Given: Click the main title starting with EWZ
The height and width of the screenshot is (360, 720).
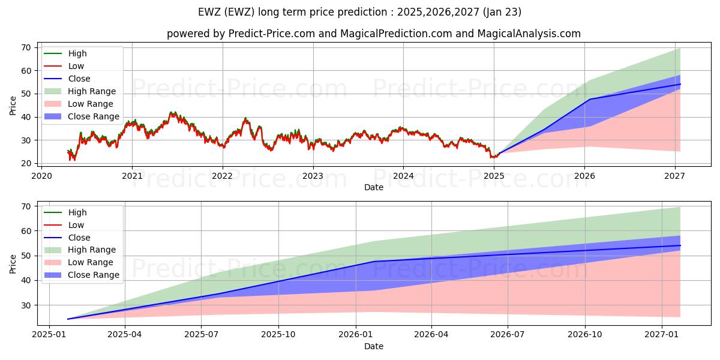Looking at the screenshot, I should pos(359,12).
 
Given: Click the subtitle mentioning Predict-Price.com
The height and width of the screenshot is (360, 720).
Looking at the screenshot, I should pos(373,34).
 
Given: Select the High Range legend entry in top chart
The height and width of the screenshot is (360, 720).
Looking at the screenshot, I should pos(92,91).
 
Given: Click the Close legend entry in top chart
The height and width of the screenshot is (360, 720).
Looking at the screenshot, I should pos(79,79).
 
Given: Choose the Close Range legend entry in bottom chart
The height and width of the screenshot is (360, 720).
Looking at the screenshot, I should pos(94,275).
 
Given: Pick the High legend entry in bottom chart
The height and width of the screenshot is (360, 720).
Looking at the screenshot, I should pos(77,212).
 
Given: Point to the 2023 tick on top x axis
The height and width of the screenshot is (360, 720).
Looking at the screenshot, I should pos(313,176).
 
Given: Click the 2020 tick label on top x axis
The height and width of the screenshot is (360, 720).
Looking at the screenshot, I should pos(41,176).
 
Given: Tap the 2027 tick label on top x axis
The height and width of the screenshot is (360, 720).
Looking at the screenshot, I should pos(675,176).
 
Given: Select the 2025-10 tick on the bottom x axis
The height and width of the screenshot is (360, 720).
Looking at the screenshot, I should pos(279,334).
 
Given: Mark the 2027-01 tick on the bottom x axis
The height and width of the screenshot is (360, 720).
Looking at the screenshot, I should pos(661,334).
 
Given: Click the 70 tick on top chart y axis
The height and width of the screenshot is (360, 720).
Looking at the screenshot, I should pos(26,47).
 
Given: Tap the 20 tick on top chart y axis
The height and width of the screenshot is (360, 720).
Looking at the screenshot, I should pos(26,163).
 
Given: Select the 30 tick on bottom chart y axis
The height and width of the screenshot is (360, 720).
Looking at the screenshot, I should pos(26,305).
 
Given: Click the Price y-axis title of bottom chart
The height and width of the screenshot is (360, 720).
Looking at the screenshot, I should pos(13,263).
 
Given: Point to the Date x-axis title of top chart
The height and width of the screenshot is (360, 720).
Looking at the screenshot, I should pos(373,187).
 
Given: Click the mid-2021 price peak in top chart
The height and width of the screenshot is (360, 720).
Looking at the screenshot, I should pos(172,112).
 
